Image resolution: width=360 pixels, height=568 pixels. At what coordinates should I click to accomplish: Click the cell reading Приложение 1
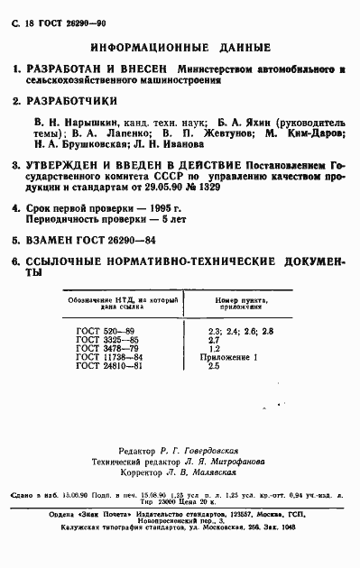tap(232, 358)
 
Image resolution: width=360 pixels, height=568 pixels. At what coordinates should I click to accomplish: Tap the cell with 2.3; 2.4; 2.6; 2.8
tap(240, 333)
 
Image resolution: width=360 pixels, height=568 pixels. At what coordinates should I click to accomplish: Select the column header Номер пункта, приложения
tap(239, 304)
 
